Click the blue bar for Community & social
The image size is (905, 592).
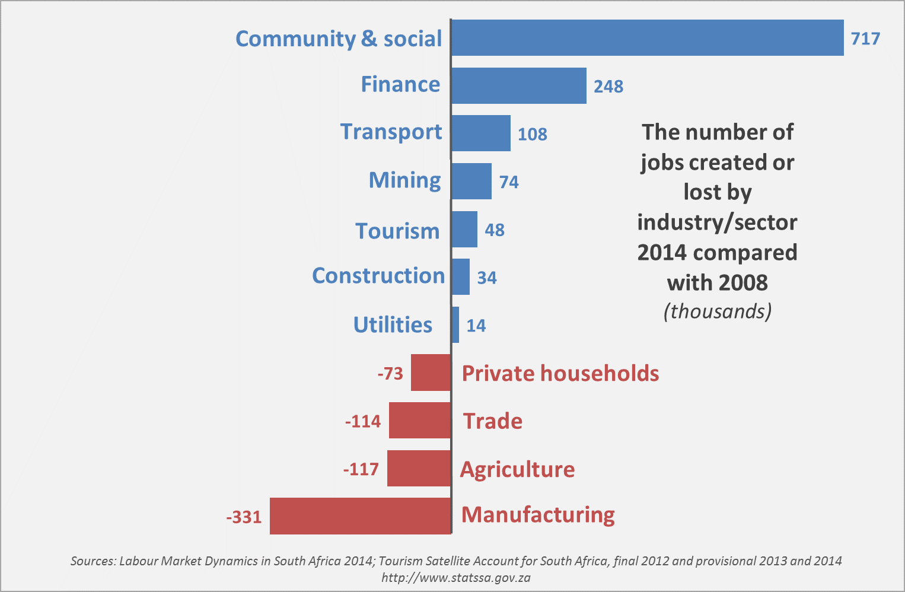pos(647,38)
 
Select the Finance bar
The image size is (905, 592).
pos(519,86)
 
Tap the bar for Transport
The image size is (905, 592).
pos(481,133)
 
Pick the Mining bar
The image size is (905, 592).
pos(471,182)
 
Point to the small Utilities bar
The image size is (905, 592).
pos(455,324)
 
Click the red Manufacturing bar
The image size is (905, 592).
pos(361,516)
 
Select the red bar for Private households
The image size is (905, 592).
pos(431,373)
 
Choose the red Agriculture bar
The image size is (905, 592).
pos(419,468)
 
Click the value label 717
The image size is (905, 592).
pos(865,39)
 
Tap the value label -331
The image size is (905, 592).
pos(244,517)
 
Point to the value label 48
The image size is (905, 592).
pos(495,230)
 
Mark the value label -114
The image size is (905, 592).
pos(363,421)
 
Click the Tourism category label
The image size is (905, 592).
pos(397,231)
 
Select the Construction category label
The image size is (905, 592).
pos(378,276)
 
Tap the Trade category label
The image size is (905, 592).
pos(493,421)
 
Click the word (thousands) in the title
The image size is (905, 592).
pos(718,311)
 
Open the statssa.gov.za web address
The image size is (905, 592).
pos(455,577)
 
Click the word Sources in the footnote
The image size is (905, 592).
pos(93,561)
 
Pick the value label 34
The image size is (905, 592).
pos(487,278)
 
